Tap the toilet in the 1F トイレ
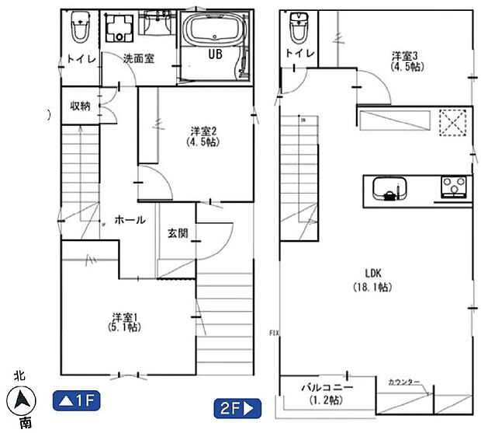click(x=79, y=30)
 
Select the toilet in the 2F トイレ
click(x=298, y=30)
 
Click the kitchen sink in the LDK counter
click(x=389, y=189)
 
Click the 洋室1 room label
click(x=124, y=322)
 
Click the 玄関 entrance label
click(x=177, y=233)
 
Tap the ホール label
click(x=130, y=220)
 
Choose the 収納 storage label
click(x=81, y=106)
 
